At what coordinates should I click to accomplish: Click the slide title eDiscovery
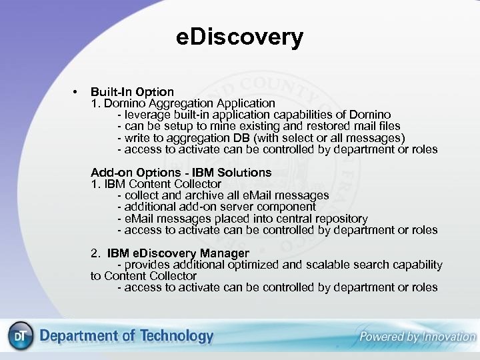pos(239,37)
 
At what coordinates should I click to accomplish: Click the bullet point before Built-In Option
pos(77,91)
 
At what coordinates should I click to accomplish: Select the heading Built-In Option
pos(132,91)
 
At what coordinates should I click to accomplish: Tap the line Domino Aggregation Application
pos(183,103)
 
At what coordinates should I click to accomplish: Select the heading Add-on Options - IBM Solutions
pos(181,173)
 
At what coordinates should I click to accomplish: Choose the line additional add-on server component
pos(216,207)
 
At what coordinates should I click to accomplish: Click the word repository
pos(339,219)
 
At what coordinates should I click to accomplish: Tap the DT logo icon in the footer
pos(19,337)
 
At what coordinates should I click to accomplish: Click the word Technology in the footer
pos(176,337)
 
